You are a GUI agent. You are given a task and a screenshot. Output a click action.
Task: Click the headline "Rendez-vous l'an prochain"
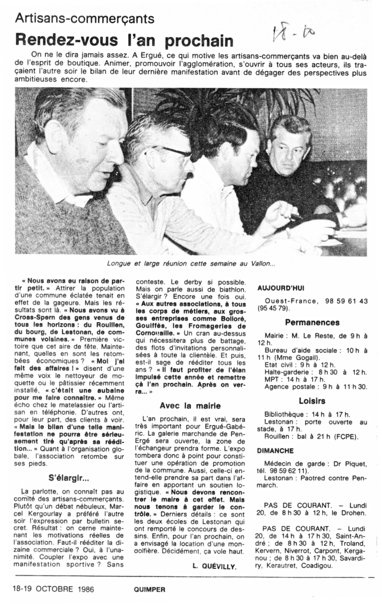(x=125, y=40)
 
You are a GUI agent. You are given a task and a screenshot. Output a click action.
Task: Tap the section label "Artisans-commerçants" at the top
(x=85, y=18)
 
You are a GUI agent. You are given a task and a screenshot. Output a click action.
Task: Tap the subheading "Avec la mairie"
(x=190, y=406)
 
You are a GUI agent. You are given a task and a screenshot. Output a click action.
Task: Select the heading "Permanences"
(x=312, y=322)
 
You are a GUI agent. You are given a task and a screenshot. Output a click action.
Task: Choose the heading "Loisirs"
(x=312, y=401)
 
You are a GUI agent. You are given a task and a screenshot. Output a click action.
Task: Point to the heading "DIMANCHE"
(x=275, y=451)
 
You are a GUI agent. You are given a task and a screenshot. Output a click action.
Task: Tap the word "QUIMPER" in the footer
(x=147, y=590)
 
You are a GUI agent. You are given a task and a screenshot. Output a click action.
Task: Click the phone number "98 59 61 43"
(x=344, y=301)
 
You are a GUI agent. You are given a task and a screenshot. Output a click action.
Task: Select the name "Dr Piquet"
(x=352, y=464)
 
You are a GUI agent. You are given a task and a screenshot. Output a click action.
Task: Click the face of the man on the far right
(x=292, y=146)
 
